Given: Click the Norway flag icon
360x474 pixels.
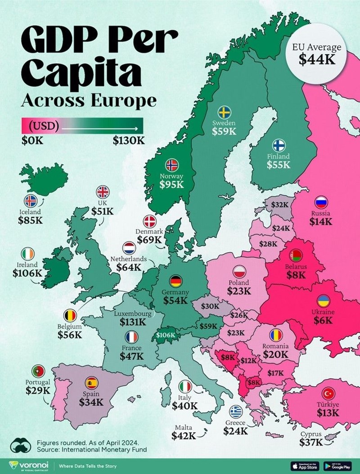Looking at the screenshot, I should click(x=172, y=165).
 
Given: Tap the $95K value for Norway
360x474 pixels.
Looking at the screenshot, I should click(x=172, y=184).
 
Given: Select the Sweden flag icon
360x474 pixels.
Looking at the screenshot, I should click(x=224, y=112).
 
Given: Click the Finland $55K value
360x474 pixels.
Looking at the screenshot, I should click(x=278, y=165).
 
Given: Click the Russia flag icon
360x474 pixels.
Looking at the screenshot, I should click(x=321, y=202).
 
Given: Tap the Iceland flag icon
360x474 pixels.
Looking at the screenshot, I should click(x=30, y=201).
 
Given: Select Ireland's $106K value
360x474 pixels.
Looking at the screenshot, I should click(x=27, y=273).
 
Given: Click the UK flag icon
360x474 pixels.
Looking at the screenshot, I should click(x=103, y=192).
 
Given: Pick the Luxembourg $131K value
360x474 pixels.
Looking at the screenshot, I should click(x=133, y=322).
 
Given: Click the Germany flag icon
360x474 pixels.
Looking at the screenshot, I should click(x=175, y=281).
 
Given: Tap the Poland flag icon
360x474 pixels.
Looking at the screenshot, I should click(x=239, y=271).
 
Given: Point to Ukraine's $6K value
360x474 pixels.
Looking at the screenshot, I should click(x=323, y=320).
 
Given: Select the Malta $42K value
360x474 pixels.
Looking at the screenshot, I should click(x=184, y=435).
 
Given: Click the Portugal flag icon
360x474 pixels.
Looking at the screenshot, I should click(x=38, y=371).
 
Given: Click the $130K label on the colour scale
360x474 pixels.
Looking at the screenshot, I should click(x=129, y=139).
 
